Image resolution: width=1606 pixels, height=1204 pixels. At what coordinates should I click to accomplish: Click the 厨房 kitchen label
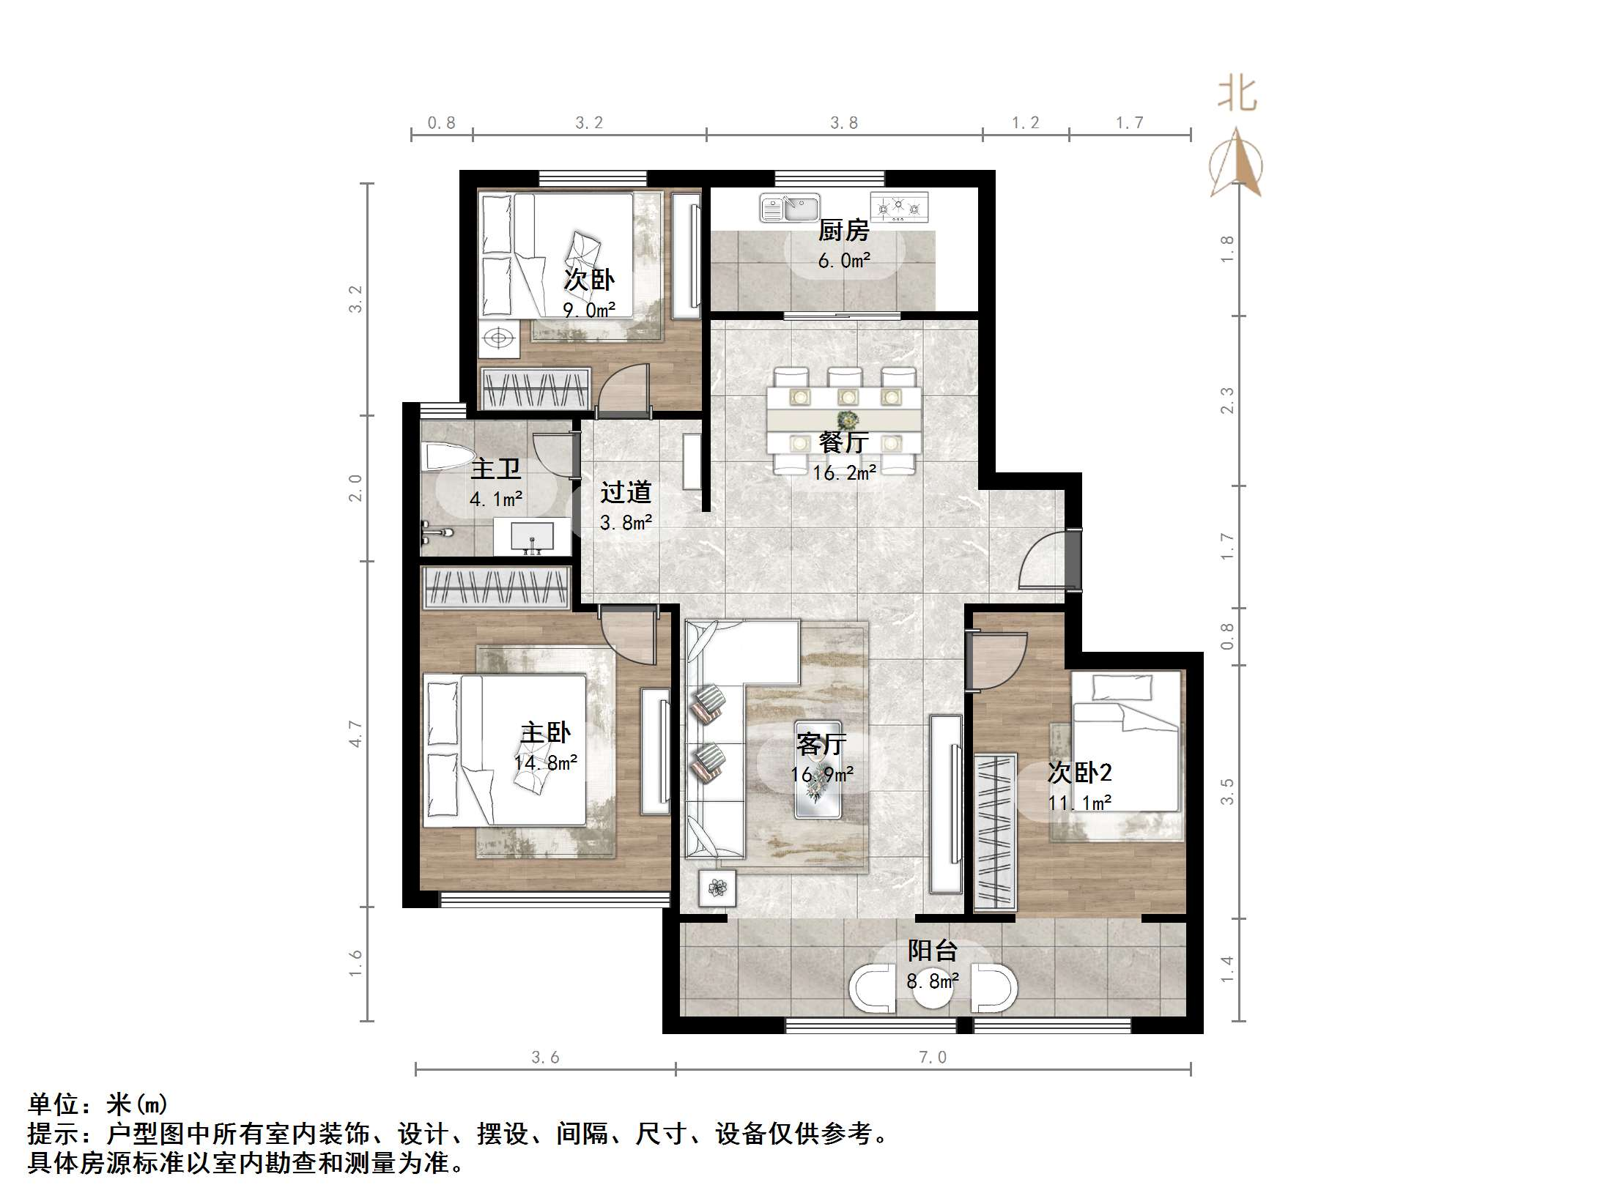[x=843, y=231]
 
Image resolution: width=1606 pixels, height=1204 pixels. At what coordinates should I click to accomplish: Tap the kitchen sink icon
[x=789, y=207]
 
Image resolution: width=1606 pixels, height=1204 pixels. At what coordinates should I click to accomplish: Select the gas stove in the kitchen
[x=899, y=207]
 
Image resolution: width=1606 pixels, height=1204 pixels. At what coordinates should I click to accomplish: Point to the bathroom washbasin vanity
[x=531, y=537]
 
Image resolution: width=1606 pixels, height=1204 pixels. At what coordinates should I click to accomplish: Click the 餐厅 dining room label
[x=843, y=442]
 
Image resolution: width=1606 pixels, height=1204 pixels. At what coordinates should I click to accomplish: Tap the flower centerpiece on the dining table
[x=848, y=420]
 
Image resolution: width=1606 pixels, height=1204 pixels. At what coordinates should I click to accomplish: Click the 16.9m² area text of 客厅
[x=821, y=774]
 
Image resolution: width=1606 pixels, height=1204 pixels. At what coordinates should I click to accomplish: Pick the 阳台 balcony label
[x=932, y=951]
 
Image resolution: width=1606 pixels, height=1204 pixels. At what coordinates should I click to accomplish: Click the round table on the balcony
[x=932, y=989]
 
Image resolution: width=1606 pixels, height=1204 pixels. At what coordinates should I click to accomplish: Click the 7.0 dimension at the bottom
[x=932, y=1057]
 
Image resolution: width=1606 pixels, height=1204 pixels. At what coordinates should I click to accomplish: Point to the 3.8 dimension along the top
[x=843, y=123]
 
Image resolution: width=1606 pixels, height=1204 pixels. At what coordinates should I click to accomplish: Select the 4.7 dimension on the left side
[x=355, y=733]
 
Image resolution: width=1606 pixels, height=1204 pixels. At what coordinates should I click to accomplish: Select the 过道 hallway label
[x=625, y=492]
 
